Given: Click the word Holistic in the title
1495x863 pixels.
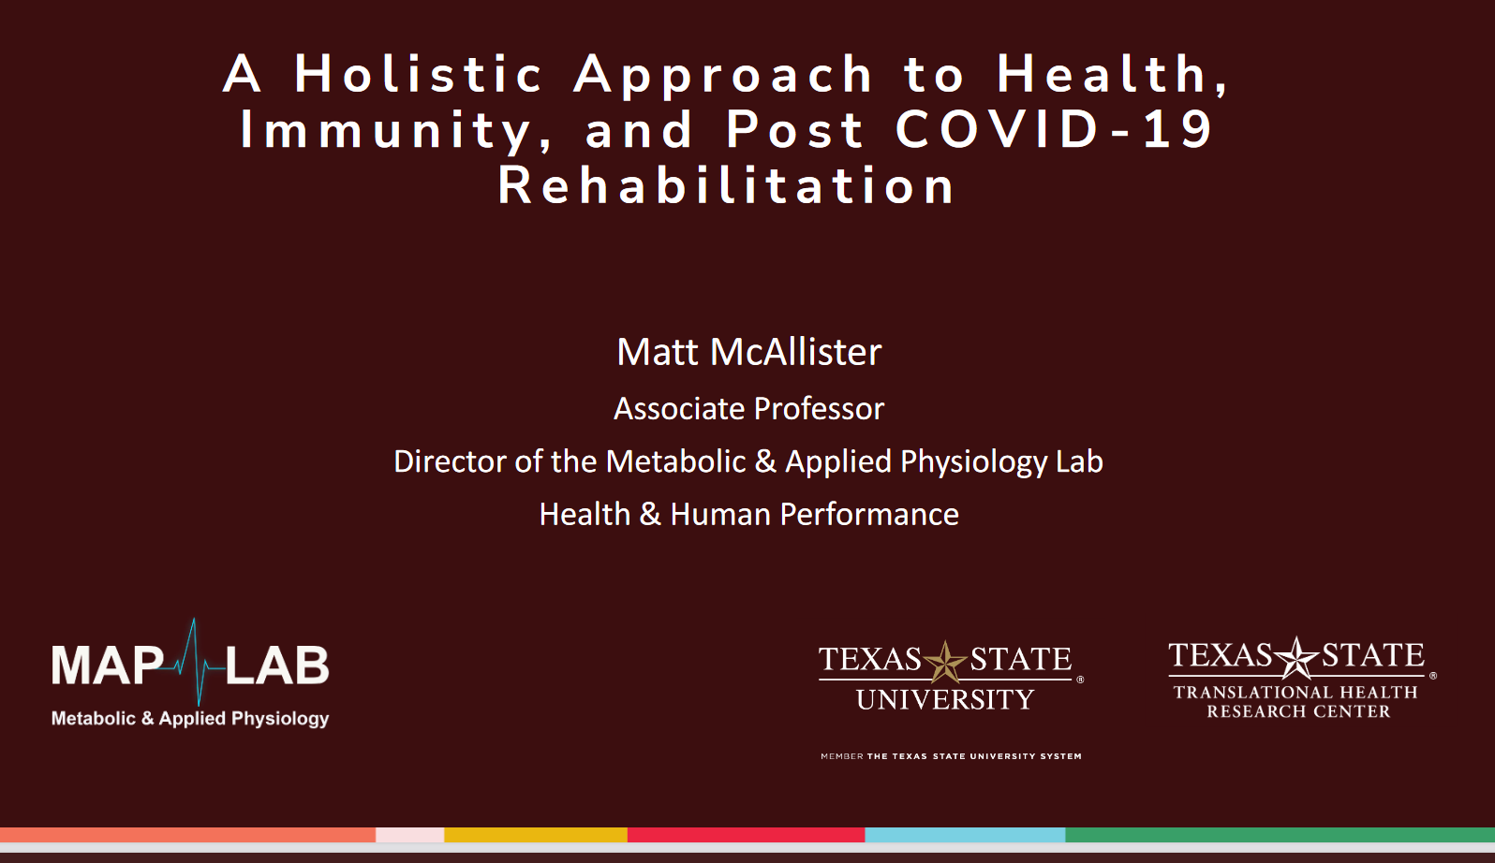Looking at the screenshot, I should coord(419,75).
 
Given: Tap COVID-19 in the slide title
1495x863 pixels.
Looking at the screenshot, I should coord(1055,129).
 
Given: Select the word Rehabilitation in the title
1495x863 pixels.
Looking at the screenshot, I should coord(726,185).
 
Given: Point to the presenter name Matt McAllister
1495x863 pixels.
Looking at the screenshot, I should coord(748,352).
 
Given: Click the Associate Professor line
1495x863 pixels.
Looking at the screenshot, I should coord(748,409).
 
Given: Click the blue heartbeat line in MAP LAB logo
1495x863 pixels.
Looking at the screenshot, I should coord(195,663).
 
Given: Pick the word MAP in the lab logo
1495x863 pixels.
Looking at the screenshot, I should coord(107,666).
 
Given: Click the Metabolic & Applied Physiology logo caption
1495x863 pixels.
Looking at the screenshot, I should coord(190,719).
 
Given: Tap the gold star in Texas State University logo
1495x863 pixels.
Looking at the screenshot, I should coord(945,662).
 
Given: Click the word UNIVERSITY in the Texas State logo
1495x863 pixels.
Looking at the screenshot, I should coord(945,699).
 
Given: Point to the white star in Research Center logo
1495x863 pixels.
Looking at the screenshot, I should coord(1296,657).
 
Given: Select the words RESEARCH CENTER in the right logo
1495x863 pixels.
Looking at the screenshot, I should coord(1298,712).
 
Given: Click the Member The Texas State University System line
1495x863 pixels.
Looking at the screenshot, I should coord(951,756).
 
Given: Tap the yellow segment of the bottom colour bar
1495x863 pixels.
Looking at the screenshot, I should coord(535,835).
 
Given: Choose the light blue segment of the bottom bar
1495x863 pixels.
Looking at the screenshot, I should coord(965,835).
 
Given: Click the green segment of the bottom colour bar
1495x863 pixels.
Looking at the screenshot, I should coord(1280,835).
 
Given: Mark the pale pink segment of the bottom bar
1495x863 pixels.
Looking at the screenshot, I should coord(409,835).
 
